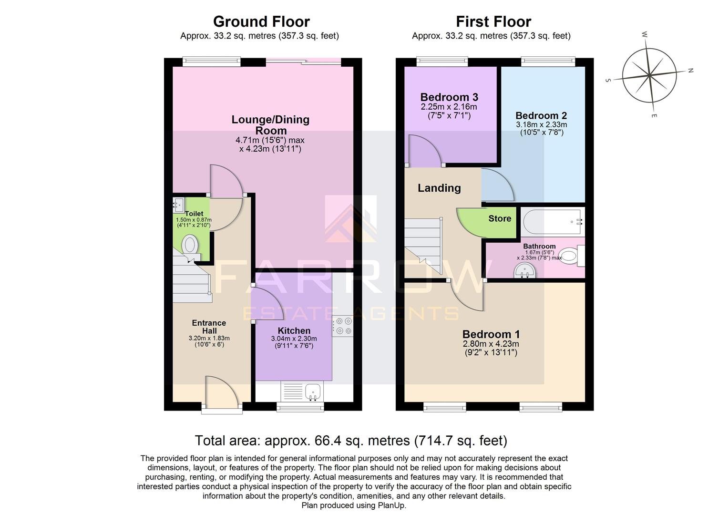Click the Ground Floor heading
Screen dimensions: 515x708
(x=261, y=21)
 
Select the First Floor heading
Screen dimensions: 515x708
(x=493, y=21)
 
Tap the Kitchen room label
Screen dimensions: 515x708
(x=294, y=330)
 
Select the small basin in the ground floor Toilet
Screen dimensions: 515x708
(x=177, y=205)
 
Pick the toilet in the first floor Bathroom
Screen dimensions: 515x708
(x=569, y=256)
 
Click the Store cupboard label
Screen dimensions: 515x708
(x=499, y=218)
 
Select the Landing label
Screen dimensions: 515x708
(x=439, y=188)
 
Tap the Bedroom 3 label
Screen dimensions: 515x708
(x=449, y=97)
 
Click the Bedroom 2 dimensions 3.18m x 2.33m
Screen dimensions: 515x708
(x=541, y=124)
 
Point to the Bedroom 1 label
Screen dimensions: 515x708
(x=491, y=334)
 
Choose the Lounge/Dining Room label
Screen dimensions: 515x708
(x=270, y=124)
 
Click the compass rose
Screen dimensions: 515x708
(x=649, y=75)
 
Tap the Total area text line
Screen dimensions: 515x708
(x=351, y=440)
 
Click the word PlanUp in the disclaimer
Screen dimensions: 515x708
(x=392, y=505)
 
